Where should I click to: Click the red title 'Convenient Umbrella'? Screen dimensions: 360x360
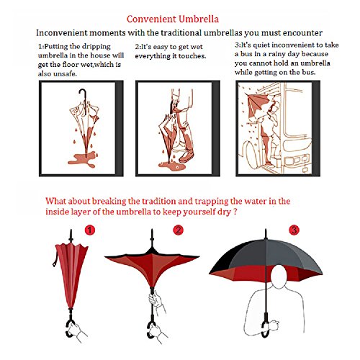(173, 19)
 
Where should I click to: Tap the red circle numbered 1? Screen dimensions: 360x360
(90, 230)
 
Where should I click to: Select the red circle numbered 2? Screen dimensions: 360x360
(179, 230)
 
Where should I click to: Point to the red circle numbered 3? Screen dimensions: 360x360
(294, 230)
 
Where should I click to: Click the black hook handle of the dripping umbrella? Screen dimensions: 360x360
(83, 102)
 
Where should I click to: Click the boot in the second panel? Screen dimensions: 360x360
(186, 157)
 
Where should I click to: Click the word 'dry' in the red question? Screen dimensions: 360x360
(225, 212)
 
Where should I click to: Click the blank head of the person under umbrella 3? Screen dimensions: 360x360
(279, 276)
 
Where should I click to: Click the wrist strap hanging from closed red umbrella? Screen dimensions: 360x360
(55, 257)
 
